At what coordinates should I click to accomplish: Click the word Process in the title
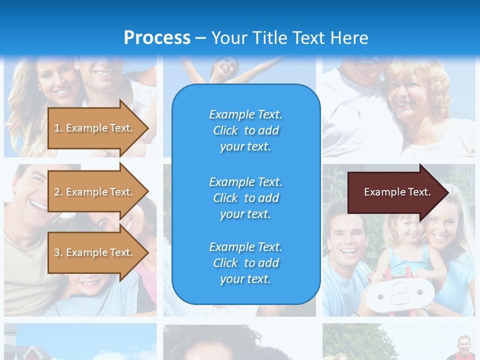pos(157,38)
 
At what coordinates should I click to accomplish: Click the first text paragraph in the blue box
pos(245,130)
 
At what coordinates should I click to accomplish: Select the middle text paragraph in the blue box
pos(245,198)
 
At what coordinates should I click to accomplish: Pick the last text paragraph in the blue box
pos(245,263)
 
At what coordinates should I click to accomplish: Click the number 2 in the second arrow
pos(57,192)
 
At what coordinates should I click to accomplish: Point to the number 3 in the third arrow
pos(57,252)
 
